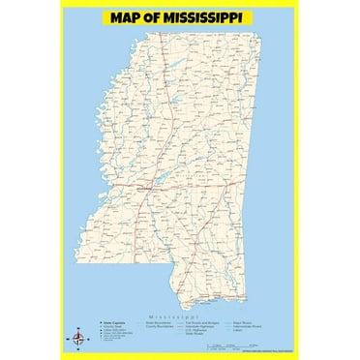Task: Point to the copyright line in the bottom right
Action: pos(267,340)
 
